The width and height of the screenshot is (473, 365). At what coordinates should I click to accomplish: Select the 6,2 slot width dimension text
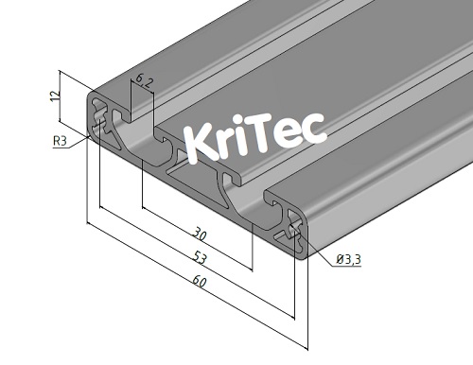coord(142,81)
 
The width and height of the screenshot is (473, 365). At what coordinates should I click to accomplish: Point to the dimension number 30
coord(200,234)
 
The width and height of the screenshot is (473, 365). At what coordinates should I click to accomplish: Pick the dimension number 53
coord(201,257)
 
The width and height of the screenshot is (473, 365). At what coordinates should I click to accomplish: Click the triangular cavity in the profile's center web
coord(183,170)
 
